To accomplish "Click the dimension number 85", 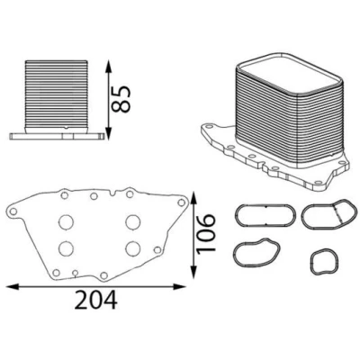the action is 121,99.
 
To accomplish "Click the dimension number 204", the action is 95,300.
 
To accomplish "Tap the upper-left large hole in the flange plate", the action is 66,222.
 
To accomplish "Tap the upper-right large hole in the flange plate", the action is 133,222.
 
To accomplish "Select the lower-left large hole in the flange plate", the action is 66,248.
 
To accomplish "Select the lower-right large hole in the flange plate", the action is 133,248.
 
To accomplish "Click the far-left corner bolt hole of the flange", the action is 13,211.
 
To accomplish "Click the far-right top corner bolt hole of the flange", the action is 181,202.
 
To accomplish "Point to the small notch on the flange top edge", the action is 112,193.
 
